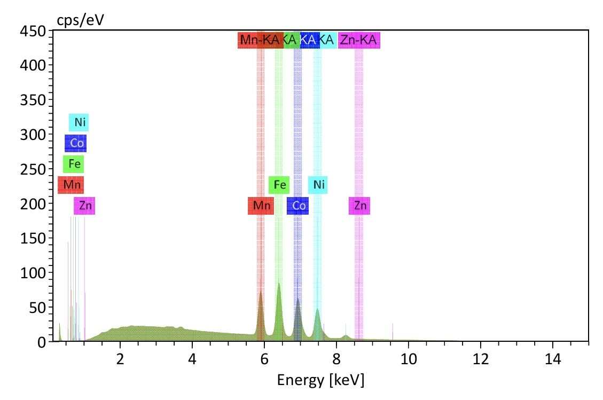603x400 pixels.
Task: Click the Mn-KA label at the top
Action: (260, 40)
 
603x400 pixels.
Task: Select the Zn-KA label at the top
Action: (358, 40)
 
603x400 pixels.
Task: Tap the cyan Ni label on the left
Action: (79, 123)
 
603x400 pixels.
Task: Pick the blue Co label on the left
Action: (76, 143)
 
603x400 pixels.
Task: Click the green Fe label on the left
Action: (74, 164)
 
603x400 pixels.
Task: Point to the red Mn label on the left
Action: (71, 185)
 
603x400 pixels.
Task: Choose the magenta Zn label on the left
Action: (84, 206)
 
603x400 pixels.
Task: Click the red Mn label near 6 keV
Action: (261, 206)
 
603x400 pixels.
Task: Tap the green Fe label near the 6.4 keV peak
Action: (279, 185)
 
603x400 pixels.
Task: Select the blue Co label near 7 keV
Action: (298, 206)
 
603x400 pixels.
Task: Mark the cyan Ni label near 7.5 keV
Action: (318, 185)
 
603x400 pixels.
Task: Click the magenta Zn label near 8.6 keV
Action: (359, 206)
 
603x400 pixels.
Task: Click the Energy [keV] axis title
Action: (320, 380)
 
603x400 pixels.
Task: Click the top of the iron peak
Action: (278, 284)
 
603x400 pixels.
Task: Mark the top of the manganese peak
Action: (261, 292)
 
